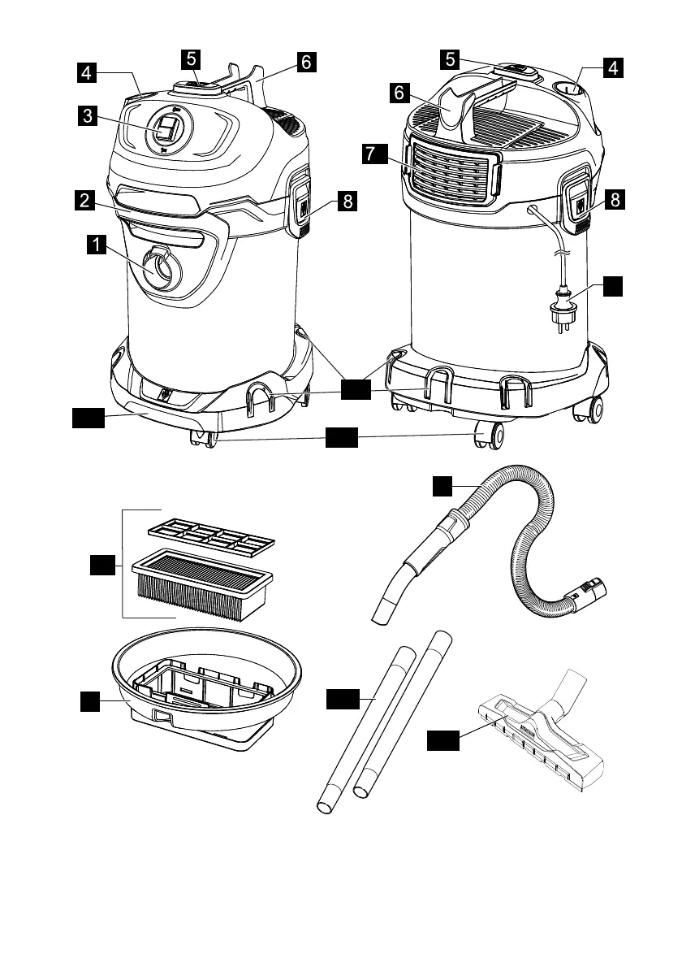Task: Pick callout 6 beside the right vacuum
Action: tap(399, 93)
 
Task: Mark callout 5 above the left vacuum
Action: tap(190, 59)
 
